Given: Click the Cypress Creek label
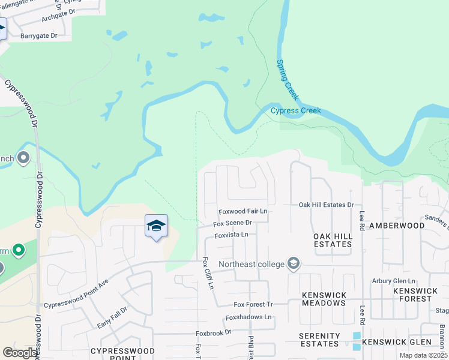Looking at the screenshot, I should [295, 110].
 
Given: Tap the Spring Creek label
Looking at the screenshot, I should [288, 79].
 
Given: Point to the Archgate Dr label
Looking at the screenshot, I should [58, 18].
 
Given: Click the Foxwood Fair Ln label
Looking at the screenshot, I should [243, 212].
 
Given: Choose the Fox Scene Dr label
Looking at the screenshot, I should [232, 223].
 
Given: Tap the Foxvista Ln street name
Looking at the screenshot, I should [231, 235].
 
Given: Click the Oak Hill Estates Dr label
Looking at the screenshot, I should [327, 205].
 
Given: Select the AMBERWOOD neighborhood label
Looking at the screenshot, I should [396, 225].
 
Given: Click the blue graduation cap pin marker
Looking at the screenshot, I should [156, 226].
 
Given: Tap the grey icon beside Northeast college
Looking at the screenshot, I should [294, 263].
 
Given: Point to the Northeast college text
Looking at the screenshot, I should [251, 264].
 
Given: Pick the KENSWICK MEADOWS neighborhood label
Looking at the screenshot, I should [324, 299].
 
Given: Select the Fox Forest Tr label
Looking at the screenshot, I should [253, 305].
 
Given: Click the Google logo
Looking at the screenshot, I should [20, 353].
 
